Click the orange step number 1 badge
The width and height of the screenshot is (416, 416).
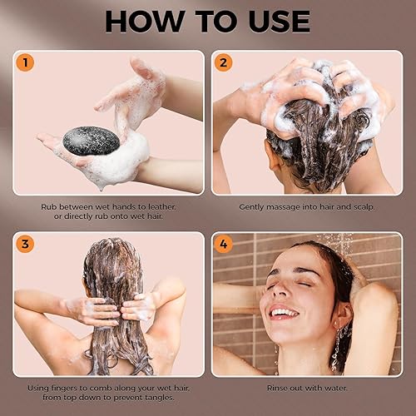(x=26, y=62)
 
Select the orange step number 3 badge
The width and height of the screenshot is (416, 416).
(x=26, y=244)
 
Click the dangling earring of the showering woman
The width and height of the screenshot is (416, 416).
(x=337, y=354)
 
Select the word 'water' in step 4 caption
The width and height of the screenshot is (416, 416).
(x=332, y=387)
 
